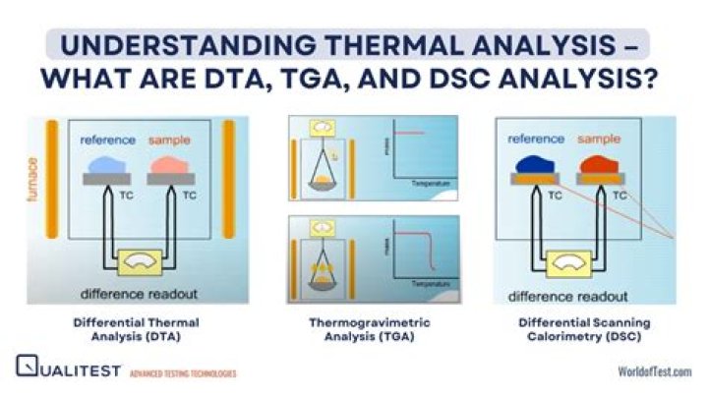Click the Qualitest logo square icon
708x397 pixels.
coord(27,368)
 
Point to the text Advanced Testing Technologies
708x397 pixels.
coord(183,372)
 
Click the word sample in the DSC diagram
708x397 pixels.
coord(600,140)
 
